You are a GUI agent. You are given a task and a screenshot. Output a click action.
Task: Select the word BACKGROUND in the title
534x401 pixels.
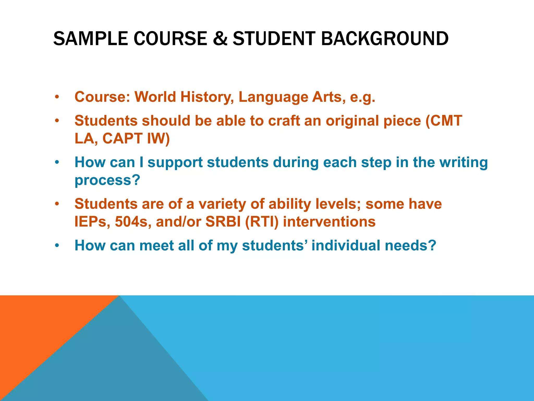click(385, 39)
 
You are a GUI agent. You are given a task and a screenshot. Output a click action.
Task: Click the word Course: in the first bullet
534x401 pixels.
click(102, 97)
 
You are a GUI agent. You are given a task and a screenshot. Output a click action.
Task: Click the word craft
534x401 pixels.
click(284, 121)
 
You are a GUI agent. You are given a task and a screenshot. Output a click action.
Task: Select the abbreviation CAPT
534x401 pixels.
click(122, 138)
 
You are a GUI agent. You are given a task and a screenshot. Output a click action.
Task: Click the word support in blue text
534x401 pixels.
click(175, 163)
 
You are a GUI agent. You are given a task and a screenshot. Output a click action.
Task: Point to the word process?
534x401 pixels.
click(107, 180)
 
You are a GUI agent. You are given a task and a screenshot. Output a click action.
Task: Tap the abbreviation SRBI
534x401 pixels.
click(223, 222)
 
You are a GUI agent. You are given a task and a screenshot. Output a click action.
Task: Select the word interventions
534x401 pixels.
click(329, 222)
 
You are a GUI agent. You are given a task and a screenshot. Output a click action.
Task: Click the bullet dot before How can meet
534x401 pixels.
click(57, 246)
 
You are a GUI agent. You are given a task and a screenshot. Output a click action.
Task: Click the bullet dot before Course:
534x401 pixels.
click(57, 97)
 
